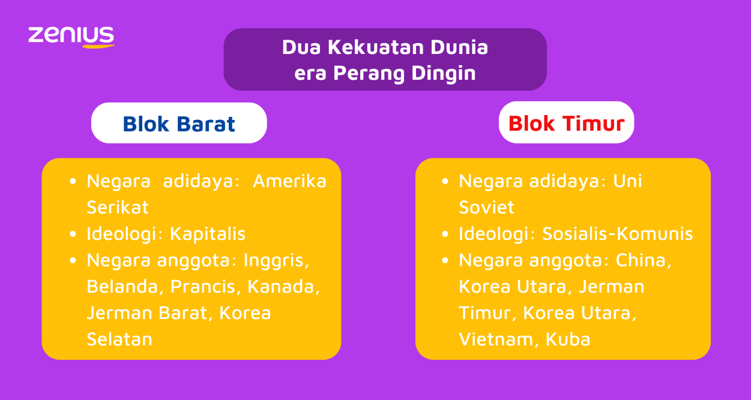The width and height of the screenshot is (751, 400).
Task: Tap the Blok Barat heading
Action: (179, 124)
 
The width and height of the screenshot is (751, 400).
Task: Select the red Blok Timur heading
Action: (566, 124)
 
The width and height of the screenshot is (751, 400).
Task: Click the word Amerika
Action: (289, 181)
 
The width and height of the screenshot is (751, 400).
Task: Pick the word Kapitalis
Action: (208, 234)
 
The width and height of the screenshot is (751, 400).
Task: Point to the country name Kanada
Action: (283, 287)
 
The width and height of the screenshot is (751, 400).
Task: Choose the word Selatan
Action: (119, 339)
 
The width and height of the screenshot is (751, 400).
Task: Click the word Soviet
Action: (486, 207)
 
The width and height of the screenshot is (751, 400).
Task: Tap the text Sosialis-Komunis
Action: (617, 234)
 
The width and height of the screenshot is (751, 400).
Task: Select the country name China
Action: (644, 260)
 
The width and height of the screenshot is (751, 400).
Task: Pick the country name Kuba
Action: (567, 339)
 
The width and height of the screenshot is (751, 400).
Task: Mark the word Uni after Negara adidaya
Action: (627, 181)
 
